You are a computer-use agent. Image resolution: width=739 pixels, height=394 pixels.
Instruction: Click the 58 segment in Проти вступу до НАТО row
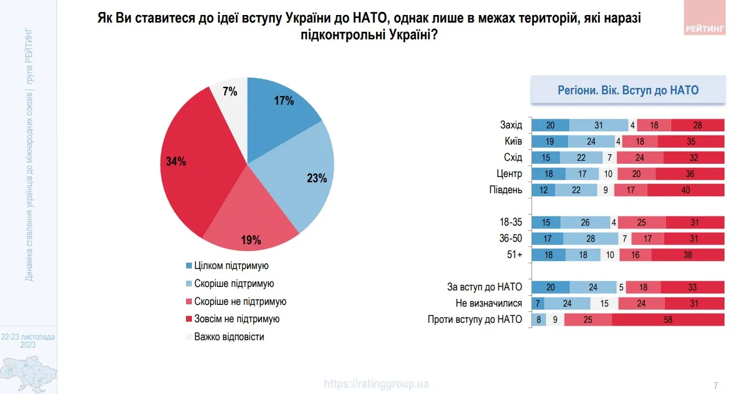coord(668,319)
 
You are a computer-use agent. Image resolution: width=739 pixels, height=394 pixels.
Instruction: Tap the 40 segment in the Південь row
coord(686,190)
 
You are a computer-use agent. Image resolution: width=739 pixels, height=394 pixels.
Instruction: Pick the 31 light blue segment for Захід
coord(599,125)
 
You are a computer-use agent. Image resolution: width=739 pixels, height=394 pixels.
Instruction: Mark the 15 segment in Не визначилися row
coord(604,303)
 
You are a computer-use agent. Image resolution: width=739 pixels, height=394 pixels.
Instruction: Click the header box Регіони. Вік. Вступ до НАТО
coord(628,90)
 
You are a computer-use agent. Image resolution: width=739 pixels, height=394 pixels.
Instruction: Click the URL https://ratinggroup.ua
coord(376,384)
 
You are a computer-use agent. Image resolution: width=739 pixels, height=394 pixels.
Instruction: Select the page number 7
coord(715,385)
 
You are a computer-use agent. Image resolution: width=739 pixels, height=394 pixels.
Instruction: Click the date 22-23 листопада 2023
coord(28,340)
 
